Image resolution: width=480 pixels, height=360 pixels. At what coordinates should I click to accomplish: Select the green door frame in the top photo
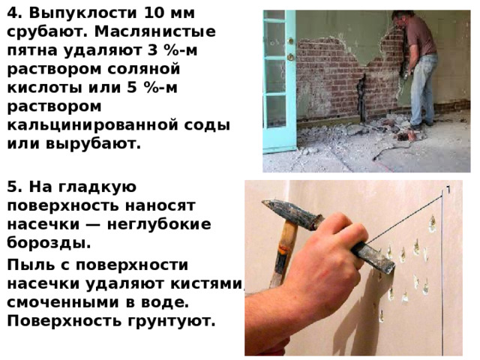tap(279, 82)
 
